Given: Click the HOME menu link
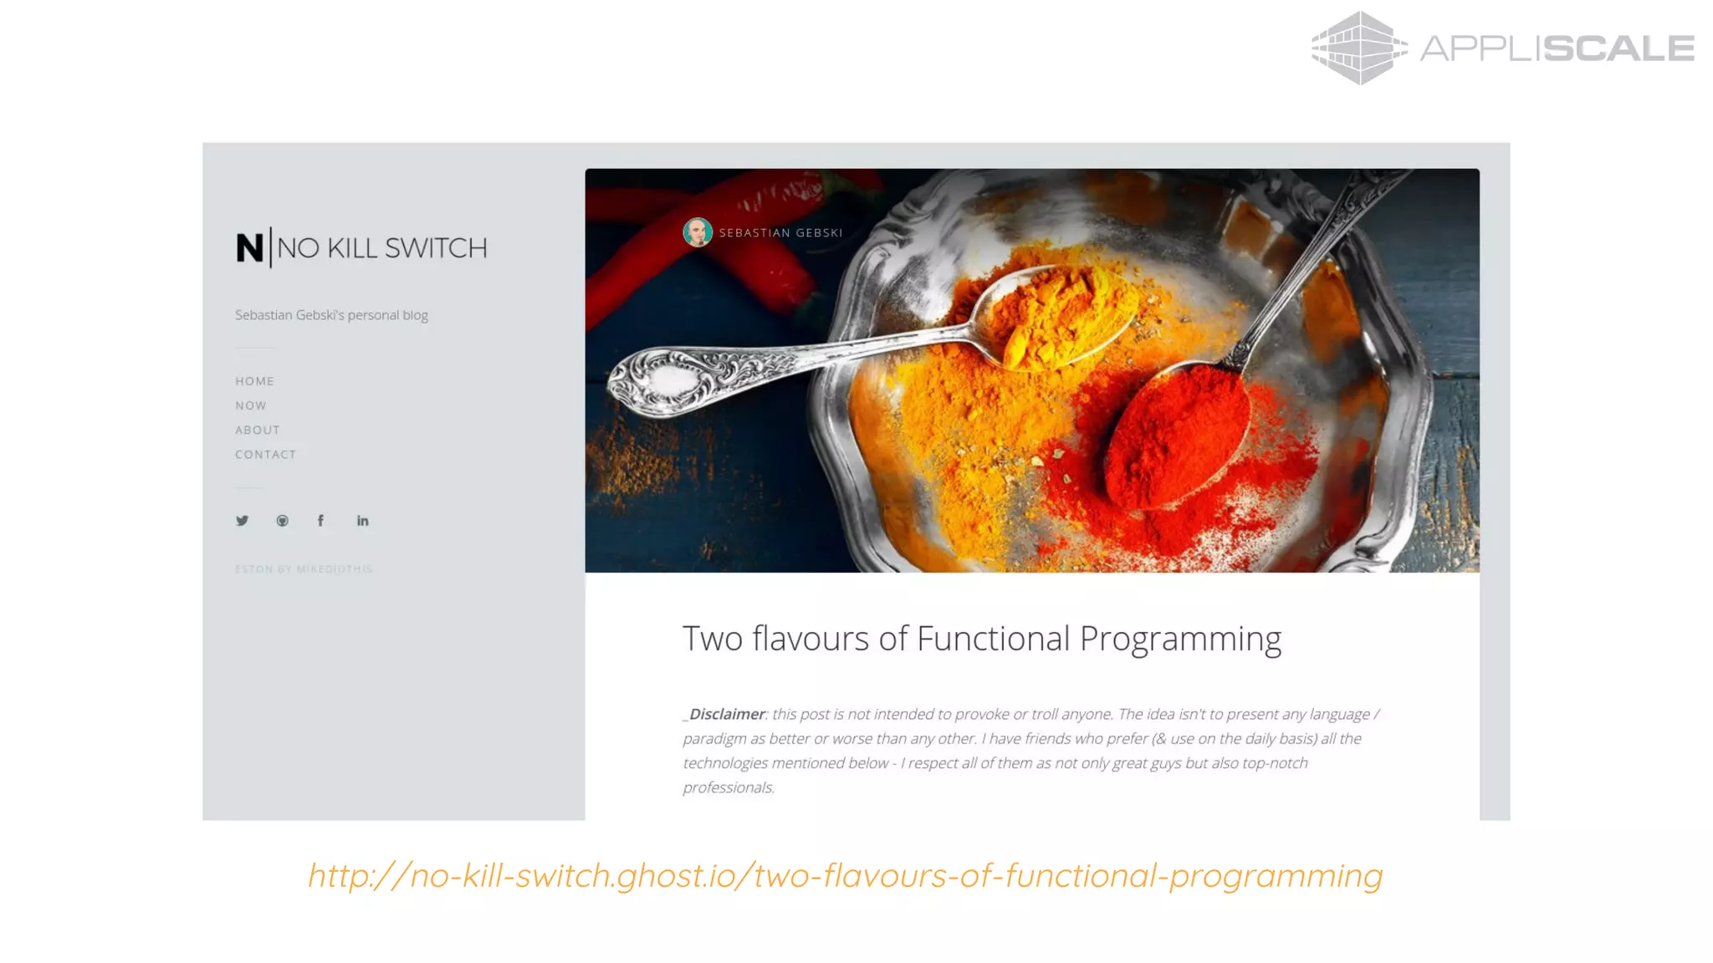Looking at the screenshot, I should point(254,381).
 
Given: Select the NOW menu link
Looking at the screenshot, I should point(250,405).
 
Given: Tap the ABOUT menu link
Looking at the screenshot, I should point(257,430).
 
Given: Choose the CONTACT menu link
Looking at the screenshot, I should point(265,455).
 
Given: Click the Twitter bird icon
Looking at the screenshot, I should point(242,521).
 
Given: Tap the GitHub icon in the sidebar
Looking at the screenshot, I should point(282,521).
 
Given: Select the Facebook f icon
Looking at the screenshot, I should point(320,521).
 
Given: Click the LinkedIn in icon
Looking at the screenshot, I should point(362,521).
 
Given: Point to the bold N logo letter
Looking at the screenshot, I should point(249,248).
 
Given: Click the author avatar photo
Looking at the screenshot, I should point(697,232).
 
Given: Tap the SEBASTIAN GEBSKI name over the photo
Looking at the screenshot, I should point(780,233).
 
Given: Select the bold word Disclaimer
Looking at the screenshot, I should point(726,715).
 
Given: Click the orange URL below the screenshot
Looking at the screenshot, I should point(845,875).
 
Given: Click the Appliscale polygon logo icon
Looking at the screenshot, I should point(1358,48).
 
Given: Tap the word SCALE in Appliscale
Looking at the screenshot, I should point(1618,48).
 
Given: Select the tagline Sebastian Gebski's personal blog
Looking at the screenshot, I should point(331,315).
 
